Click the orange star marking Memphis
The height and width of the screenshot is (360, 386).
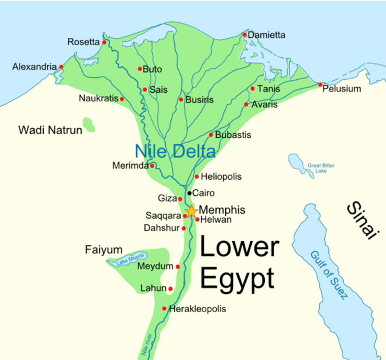click(x=191, y=211)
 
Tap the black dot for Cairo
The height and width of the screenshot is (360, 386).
click(x=190, y=193)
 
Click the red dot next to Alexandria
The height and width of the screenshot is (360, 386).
click(x=61, y=67)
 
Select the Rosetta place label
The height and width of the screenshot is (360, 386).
click(x=83, y=42)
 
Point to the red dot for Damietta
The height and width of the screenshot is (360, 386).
click(x=245, y=35)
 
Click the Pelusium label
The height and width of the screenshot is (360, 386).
click(x=342, y=89)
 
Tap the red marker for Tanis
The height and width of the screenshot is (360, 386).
click(x=253, y=89)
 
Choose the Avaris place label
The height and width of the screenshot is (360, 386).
click(x=264, y=104)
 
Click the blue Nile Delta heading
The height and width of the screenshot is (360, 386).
click(x=175, y=151)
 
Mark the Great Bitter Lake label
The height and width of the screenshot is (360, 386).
click(x=321, y=168)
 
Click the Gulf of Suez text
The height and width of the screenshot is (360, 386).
click(x=329, y=274)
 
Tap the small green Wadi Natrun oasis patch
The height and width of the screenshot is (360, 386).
click(x=89, y=125)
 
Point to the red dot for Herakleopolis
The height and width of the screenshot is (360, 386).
click(x=164, y=309)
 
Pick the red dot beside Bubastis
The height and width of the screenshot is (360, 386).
click(x=211, y=135)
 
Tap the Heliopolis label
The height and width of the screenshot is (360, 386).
click(x=221, y=177)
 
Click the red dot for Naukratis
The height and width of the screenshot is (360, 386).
click(x=122, y=99)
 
